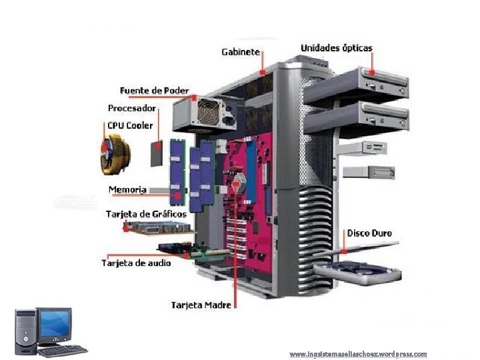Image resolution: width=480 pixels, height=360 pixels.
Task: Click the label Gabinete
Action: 241,52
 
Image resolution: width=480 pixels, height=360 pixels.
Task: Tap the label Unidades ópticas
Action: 337,48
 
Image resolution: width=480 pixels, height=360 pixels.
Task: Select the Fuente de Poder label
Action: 154,90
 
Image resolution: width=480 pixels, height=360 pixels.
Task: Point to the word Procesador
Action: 132,107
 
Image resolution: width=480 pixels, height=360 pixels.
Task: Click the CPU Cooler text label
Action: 130,125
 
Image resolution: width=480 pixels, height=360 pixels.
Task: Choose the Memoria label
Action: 127,189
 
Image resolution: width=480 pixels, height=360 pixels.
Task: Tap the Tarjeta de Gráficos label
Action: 146,214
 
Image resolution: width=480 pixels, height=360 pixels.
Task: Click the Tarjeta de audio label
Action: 136,263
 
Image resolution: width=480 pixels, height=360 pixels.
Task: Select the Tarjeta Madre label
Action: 201,305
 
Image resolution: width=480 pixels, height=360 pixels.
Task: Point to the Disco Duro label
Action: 369,233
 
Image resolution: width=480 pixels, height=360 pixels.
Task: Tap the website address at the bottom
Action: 358,354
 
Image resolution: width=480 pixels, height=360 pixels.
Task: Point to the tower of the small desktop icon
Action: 26,331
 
